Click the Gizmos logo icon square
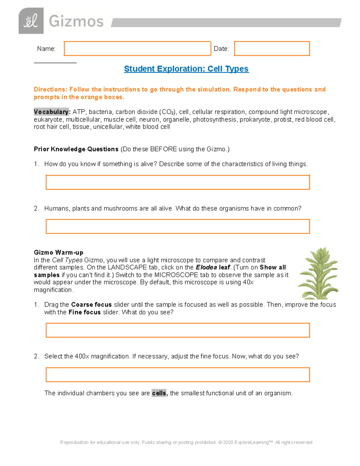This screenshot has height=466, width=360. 31,21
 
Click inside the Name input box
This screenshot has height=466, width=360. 137,49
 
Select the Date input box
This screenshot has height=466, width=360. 271,49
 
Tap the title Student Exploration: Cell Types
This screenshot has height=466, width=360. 186,69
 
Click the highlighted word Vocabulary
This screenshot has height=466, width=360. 51,112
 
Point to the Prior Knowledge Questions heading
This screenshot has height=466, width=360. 76,149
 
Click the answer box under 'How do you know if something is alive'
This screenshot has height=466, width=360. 177,182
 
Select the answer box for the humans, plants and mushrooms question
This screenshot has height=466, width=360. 177,227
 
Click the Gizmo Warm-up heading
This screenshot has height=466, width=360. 58,252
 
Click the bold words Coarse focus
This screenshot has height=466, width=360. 91,305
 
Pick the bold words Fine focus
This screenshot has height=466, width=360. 84,312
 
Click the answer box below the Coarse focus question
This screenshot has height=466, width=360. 177,330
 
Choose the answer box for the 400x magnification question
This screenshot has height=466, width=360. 177,374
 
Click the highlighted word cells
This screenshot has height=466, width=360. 159,393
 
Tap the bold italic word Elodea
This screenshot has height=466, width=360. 206,267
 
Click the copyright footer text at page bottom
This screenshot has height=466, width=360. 186,442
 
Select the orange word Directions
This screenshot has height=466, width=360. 50,89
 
